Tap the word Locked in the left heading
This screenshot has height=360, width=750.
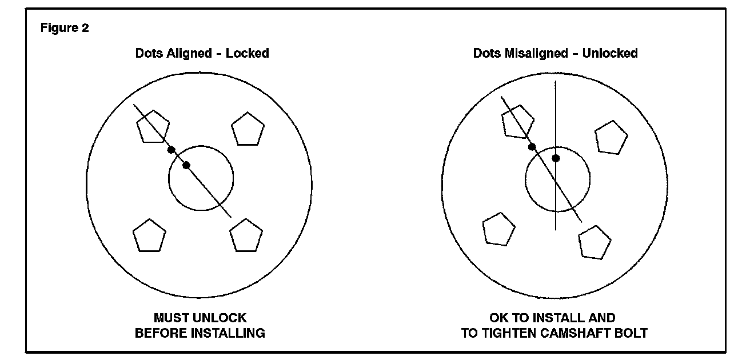click(x=247, y=54)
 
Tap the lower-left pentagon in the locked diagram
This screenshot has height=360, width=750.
click(x=149, y=235)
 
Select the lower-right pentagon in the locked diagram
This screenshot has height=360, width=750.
click(x=246, y=235)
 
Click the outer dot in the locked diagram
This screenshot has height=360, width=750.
click(x=171, y=150)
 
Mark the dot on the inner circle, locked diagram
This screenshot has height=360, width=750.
click(x=186, y=165)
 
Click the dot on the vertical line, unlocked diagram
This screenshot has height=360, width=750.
click(x=555, y=158)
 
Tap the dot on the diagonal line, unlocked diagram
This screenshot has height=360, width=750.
click(x=532, y=147)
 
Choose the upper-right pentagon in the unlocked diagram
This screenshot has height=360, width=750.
click(x=611, y=138)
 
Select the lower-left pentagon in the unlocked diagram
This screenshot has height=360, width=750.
click(x=499, y=228)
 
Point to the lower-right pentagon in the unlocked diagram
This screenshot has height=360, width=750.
click(x=595, y=242)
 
